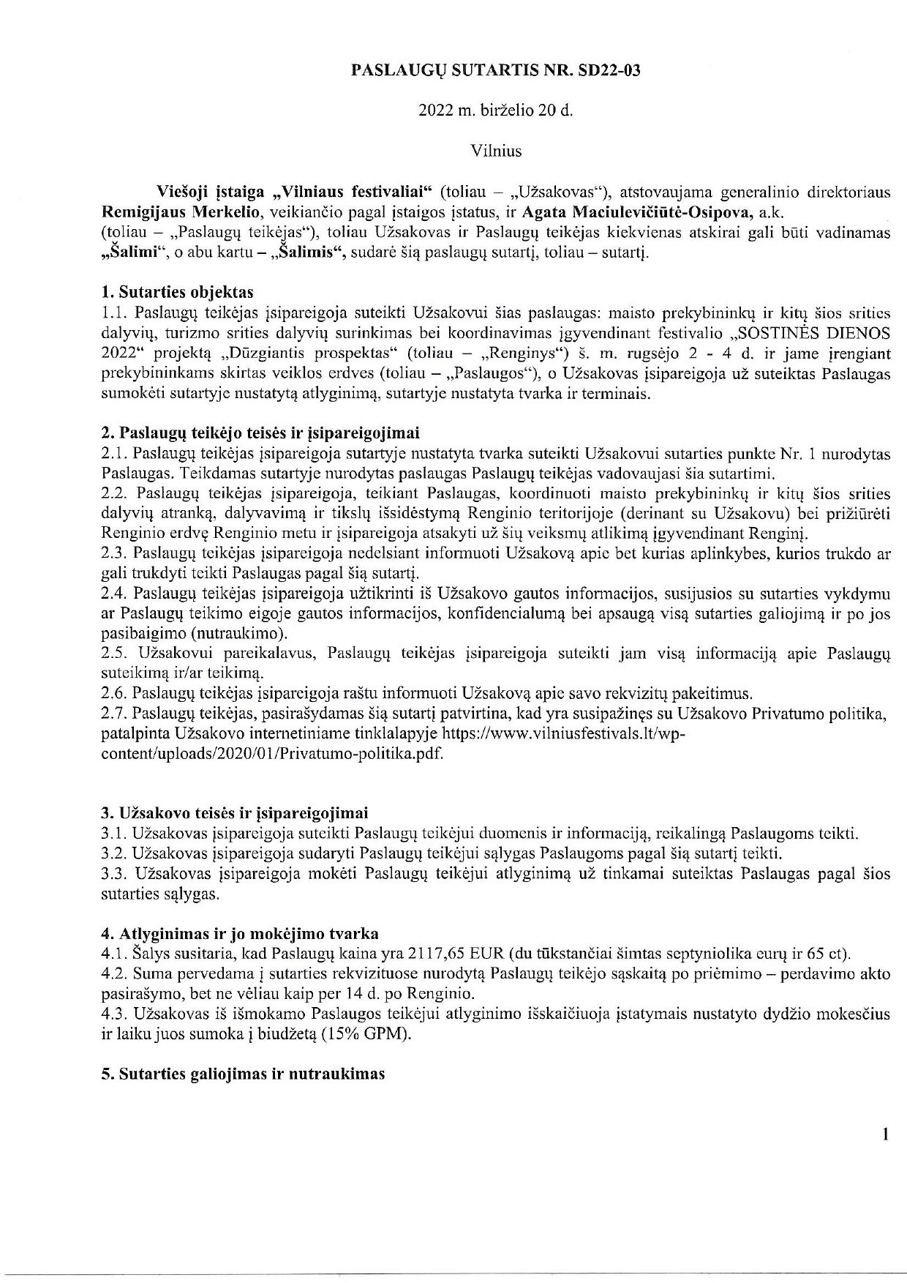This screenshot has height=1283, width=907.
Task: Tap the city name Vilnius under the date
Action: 496,152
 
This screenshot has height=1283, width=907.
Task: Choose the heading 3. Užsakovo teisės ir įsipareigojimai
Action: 235,813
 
